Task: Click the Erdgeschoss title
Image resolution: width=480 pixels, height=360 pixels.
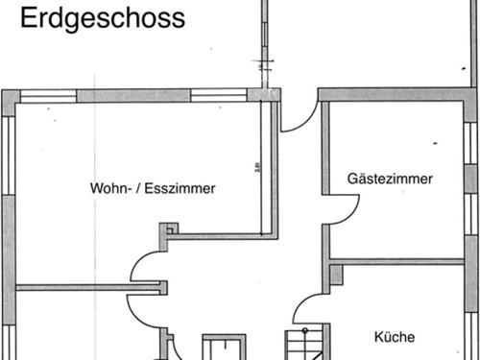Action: coord(103,18)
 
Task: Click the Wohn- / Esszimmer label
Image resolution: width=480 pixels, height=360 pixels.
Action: coord(153,188)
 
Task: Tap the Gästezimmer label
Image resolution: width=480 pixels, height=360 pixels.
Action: coord(390,179)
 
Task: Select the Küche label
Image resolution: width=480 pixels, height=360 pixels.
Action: coord(394,337)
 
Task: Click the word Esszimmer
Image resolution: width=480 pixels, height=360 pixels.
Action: coord(183,188)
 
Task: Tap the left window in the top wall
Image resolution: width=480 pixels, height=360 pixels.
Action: coord(48,95)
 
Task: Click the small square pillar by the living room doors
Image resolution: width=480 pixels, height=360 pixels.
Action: coord(169,228)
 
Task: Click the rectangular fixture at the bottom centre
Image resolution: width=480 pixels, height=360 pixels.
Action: coord(223,347)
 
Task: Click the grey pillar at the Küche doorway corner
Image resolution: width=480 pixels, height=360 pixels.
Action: coord(335,275)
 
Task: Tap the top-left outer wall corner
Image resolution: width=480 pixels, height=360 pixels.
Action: coord(10,97)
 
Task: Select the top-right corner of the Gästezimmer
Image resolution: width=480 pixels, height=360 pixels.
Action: coord(469,96)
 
